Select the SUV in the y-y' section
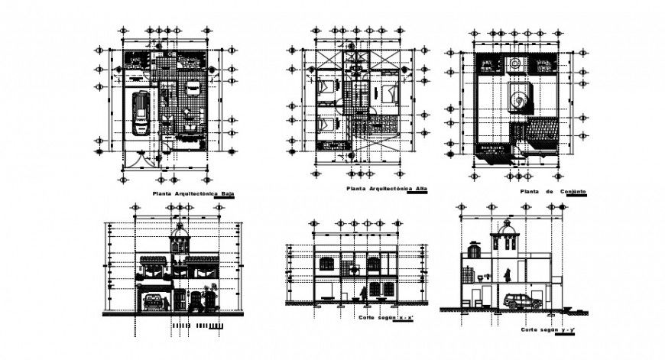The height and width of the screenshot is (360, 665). click(525, 300)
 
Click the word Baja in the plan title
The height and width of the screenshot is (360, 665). click(225, 194)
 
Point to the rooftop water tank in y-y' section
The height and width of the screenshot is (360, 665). click(475, 249)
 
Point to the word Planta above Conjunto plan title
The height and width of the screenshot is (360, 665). click(530, 190)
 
